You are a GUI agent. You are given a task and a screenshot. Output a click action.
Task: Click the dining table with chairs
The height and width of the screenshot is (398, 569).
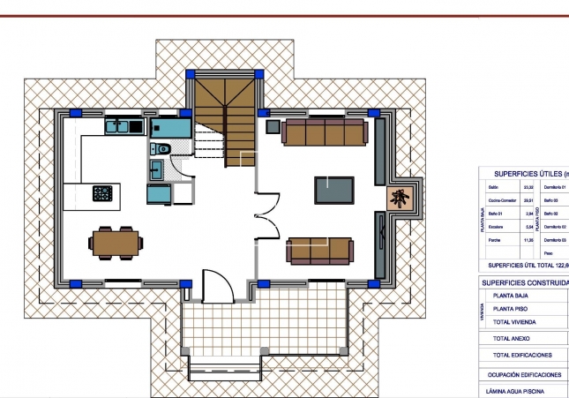(x=116, y=240)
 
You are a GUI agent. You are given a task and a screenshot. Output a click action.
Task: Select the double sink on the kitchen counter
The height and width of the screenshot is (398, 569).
(x=118, y=126)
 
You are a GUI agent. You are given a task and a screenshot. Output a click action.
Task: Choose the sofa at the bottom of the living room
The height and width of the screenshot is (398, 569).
(x=320, y=250)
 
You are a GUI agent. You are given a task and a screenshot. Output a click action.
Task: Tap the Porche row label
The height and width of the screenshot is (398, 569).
(x=494, y=239)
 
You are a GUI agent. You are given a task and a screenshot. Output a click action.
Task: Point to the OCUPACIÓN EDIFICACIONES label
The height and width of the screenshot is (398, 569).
(x=524, y=373)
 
